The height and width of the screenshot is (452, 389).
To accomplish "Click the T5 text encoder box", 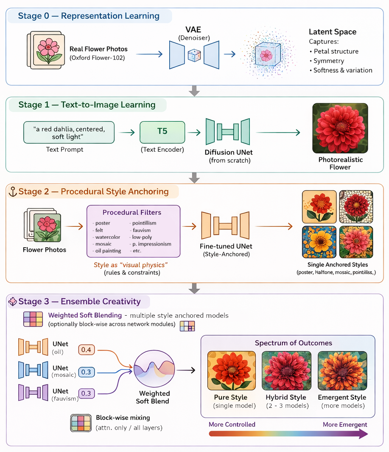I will tap(162, 132).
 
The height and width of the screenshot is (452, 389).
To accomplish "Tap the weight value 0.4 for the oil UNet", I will tap(86, 349).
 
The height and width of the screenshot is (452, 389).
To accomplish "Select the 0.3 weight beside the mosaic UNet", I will tap(86, 372).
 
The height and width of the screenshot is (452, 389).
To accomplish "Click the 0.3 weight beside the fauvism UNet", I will tap(86, 393).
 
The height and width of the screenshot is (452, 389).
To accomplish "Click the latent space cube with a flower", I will tap(267, 54).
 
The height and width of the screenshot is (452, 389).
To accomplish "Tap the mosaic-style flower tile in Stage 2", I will tap(356, 207).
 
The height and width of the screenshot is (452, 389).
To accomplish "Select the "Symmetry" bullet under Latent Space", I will tap(329, 61).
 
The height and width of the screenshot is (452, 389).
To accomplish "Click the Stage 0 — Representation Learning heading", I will tap(89, 17).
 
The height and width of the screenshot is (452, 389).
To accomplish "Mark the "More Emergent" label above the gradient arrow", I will tap(344, 424).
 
